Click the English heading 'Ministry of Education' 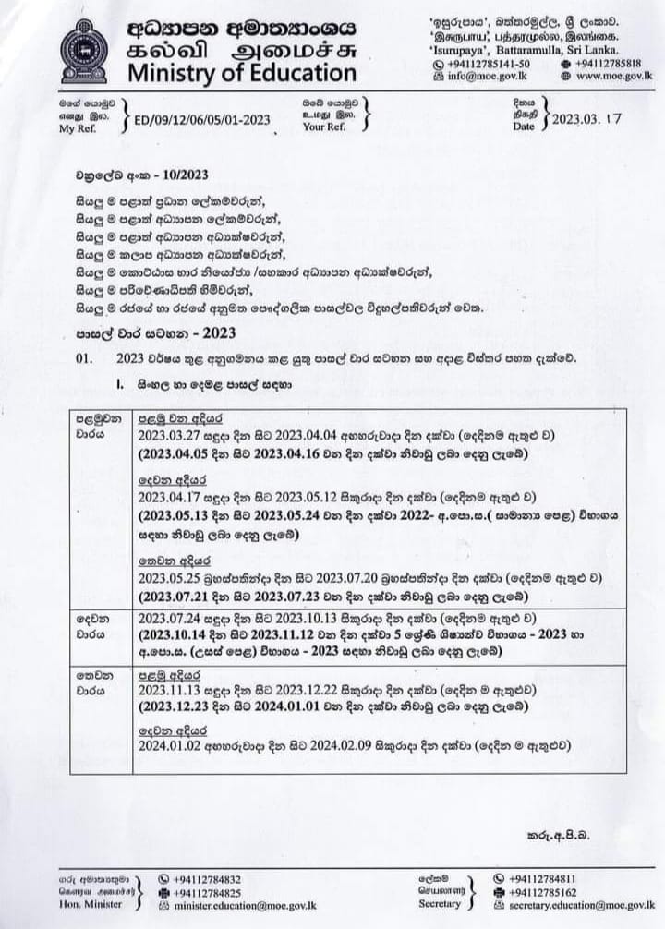pos(241,74)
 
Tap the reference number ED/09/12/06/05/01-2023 pos(202,120)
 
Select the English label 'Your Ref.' pos(324,127)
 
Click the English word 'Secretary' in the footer pos(440,903)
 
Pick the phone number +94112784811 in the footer pos(542,878)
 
